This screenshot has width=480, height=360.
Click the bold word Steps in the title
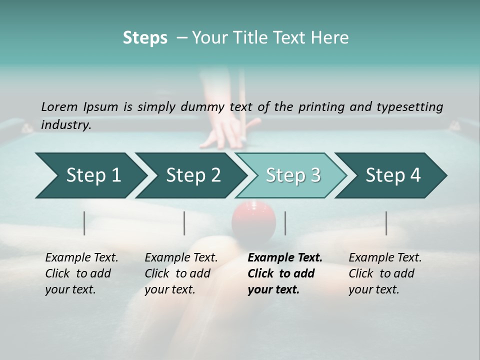(x=145, y=38)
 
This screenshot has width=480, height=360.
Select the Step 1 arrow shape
(x=90, y=175)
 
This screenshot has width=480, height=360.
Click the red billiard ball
(x=253, y=220)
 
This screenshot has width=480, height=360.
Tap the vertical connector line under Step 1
(x=84, y=223)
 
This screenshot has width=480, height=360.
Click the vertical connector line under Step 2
(x=184, y=223)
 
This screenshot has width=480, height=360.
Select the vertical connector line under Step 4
(x=386, y=223)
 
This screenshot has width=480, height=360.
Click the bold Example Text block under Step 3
(x=284, y=273)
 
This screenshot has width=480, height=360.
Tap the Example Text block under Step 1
(x=81, y=273)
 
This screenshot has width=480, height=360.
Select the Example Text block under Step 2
(x=181, y=273)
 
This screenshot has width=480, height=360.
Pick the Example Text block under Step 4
(x=384, y=273)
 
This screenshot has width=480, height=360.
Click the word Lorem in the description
(x=59, y=107)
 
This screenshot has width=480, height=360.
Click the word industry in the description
(x=65, y=125)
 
